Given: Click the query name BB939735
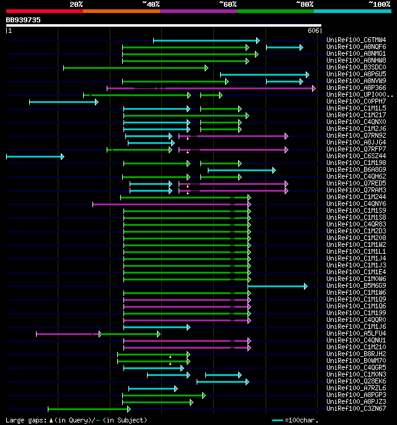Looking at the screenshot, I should pyautogui.click(x=24, y=20).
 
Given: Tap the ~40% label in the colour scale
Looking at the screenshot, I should pyautogui.click(x=151, y=4).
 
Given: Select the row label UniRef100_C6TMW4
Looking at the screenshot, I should pyautogui.click(x=356, y=40).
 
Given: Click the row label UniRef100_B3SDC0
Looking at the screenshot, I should pyautogui.click(x=356, y=68).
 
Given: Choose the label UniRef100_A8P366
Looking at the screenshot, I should pyautogui.click(x=356, y=88).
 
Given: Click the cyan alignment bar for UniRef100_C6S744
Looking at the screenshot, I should pyautogui.click(x=34, y=156).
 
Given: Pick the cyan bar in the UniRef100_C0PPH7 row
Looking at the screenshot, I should pyautogui.click(x=63, y=102).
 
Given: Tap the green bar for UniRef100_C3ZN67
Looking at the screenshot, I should pyautogui.click(x=88, y=409).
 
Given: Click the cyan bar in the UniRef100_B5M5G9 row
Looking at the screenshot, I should pyautogui.click(x=277, y=286).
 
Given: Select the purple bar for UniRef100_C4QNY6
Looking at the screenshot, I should pyautogui.click(x=171, y=204).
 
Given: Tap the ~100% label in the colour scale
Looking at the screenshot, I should pyautogui.click(x=379, y=4).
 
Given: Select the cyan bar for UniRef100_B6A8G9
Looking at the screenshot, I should pyautogui.click(x=241, y=170).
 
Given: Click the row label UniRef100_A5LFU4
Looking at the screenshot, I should pyautogui.click(x=356, y=334).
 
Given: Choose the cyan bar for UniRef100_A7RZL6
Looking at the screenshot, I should pyautogui.click(x=152, y=388).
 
